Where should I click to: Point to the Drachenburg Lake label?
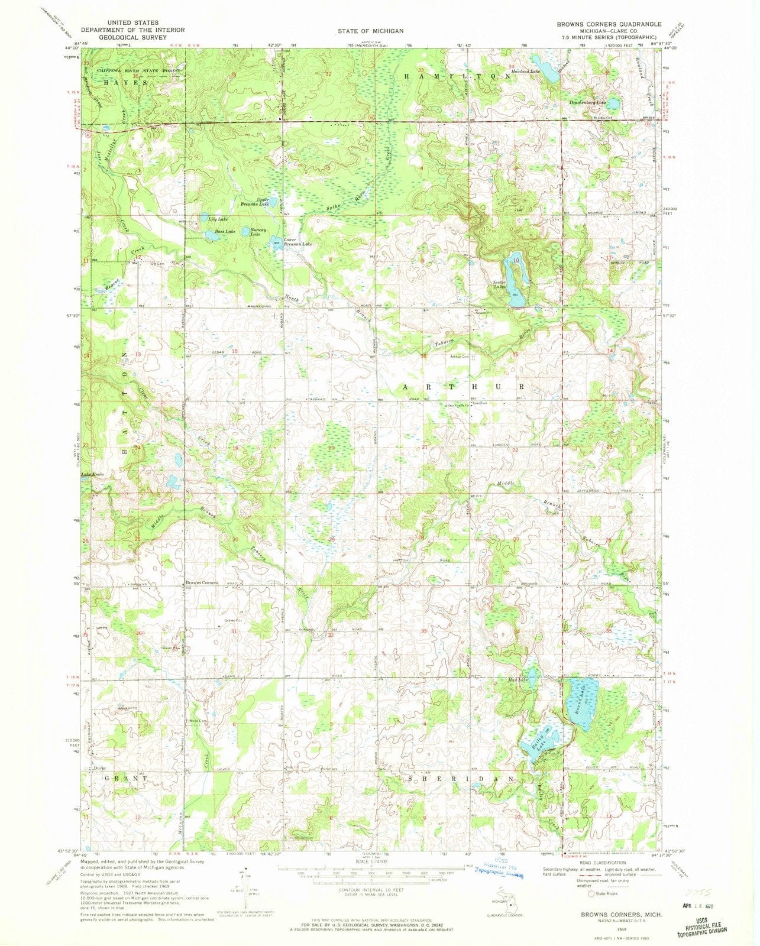[588, 102]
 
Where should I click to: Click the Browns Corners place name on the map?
[202, 582]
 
